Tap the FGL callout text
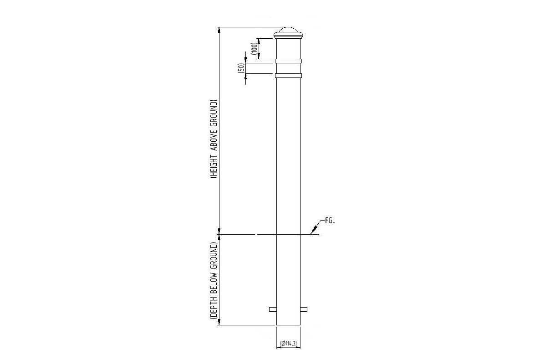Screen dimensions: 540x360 [330, 221]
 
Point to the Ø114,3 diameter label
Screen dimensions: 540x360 [289, 343]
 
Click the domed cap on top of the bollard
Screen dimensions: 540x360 [289, 32]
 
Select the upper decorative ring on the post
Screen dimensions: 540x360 [289, 61]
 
